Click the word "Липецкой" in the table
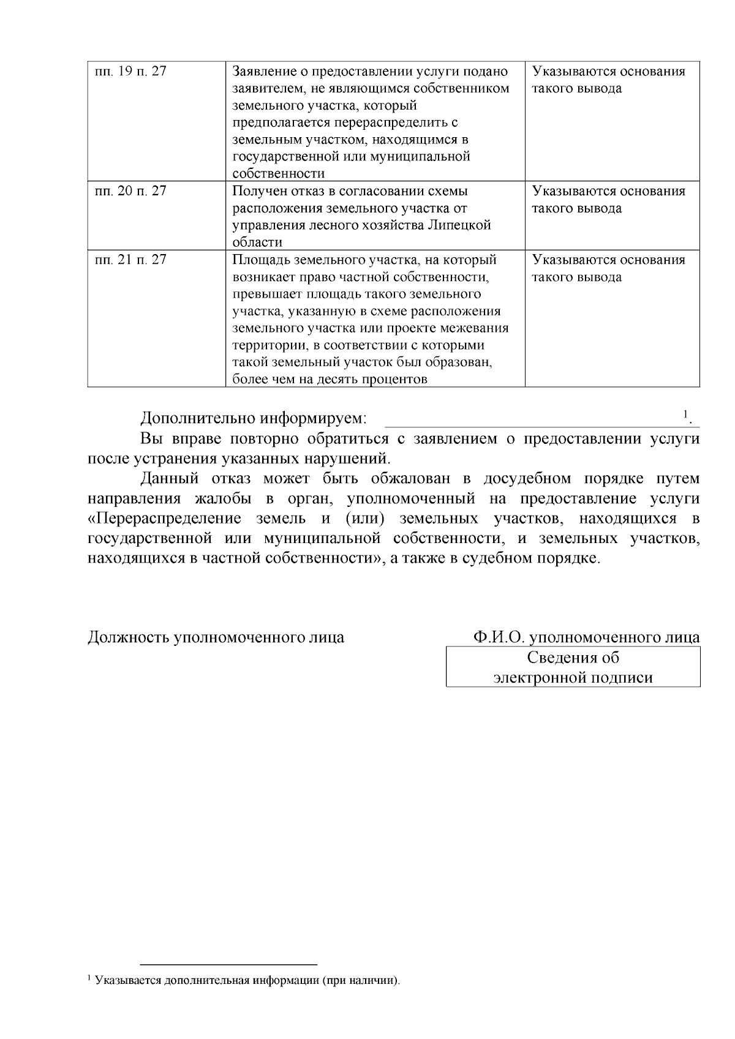pos(464,225)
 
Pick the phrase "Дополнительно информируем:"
pos(254,419)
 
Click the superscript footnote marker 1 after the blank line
pos(686,414)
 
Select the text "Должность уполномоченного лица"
pos(216,637)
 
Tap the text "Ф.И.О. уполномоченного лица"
pos(586,637)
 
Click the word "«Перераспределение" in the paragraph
pos(165,519)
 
